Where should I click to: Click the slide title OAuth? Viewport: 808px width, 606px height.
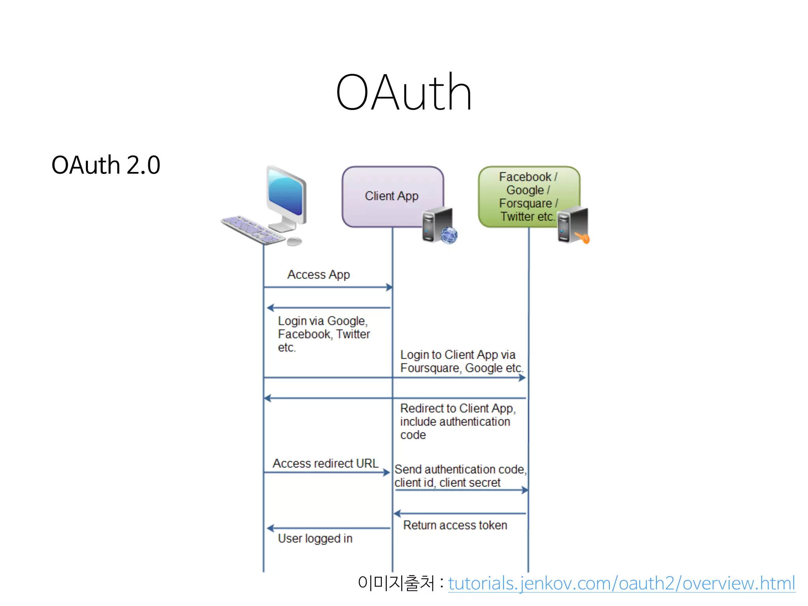tap(404, 93)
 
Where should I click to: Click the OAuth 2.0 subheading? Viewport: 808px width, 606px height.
tap(106, 165)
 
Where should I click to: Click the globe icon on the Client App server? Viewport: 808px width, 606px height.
tap(449, 236)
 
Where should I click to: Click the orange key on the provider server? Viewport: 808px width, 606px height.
tap(582, 238)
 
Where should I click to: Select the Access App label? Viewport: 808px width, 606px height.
tap(318, 275)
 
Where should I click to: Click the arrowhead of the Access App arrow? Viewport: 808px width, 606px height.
tap(389, 287)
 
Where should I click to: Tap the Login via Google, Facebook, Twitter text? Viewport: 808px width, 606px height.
tap(324, 334)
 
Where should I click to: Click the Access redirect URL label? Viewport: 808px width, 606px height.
tap(325, 463)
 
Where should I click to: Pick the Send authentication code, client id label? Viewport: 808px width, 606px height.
tap(460, 476)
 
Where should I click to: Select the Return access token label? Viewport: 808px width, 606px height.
tap(455, 525)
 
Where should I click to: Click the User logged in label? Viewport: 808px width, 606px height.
tap(315, 539)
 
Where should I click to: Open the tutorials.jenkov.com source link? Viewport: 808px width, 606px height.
tap(621, 583)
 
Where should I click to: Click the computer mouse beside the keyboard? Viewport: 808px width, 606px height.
tap(294, 241)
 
